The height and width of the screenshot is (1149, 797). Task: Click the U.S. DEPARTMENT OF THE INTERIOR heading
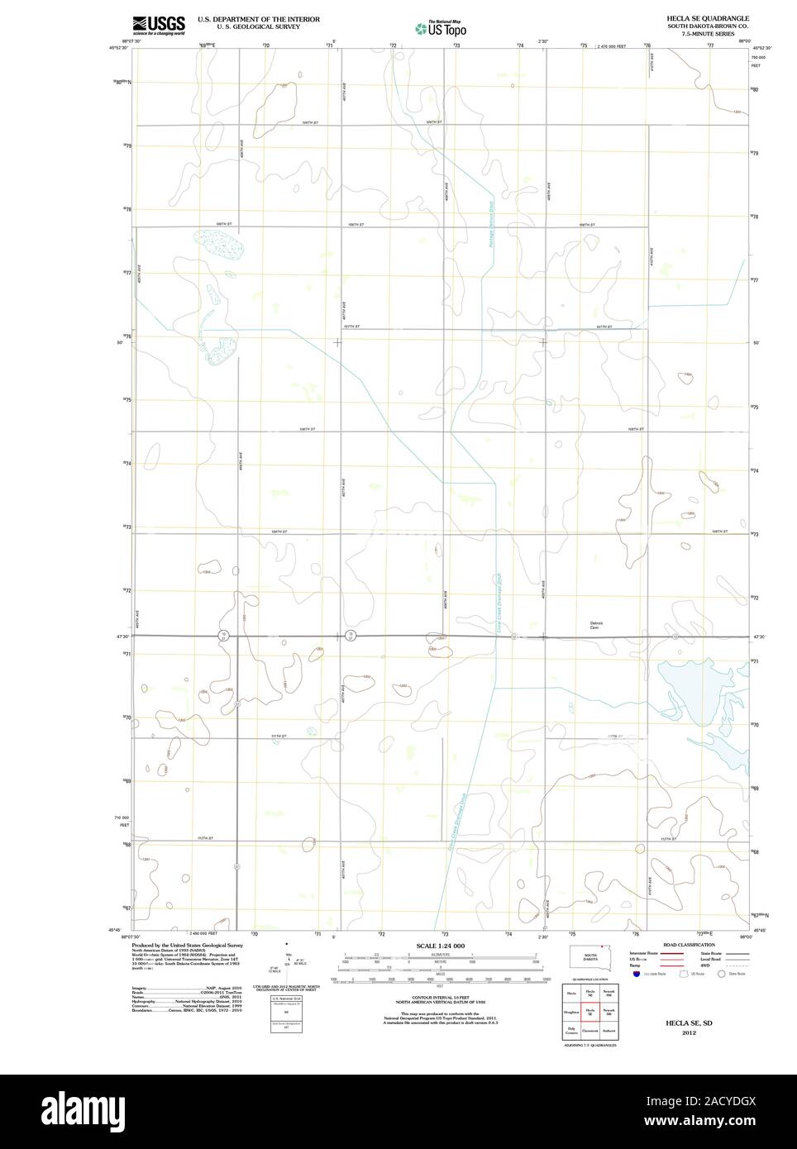coord(259,18)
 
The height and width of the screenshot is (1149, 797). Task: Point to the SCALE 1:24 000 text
coord(440,946)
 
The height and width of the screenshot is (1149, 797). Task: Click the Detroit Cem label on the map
coord(596,625)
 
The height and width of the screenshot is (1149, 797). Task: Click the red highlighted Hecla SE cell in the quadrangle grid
coord(590,1011)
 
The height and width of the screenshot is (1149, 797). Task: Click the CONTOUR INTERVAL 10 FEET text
coord(440,997)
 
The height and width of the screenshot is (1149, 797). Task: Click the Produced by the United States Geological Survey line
coord(187,945)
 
